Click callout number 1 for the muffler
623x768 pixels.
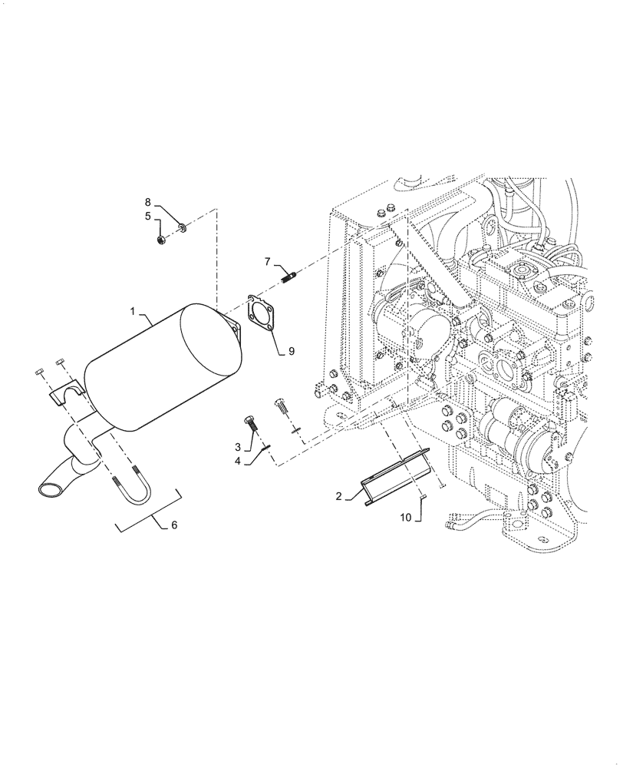click(x=132, y=313)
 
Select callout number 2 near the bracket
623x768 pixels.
click(x=338, y=497)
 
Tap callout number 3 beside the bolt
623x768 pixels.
click(x=239, y=447)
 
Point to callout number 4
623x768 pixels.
click(x=239, y=461)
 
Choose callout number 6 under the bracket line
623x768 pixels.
click(x=173, y=525)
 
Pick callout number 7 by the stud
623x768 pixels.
click(x=267, y=262)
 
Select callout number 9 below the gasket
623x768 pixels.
click(x=291, y=351)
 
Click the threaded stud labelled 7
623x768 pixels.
click(x=288, y=273)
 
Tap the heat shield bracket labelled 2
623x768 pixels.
click(x=395, y=478)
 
